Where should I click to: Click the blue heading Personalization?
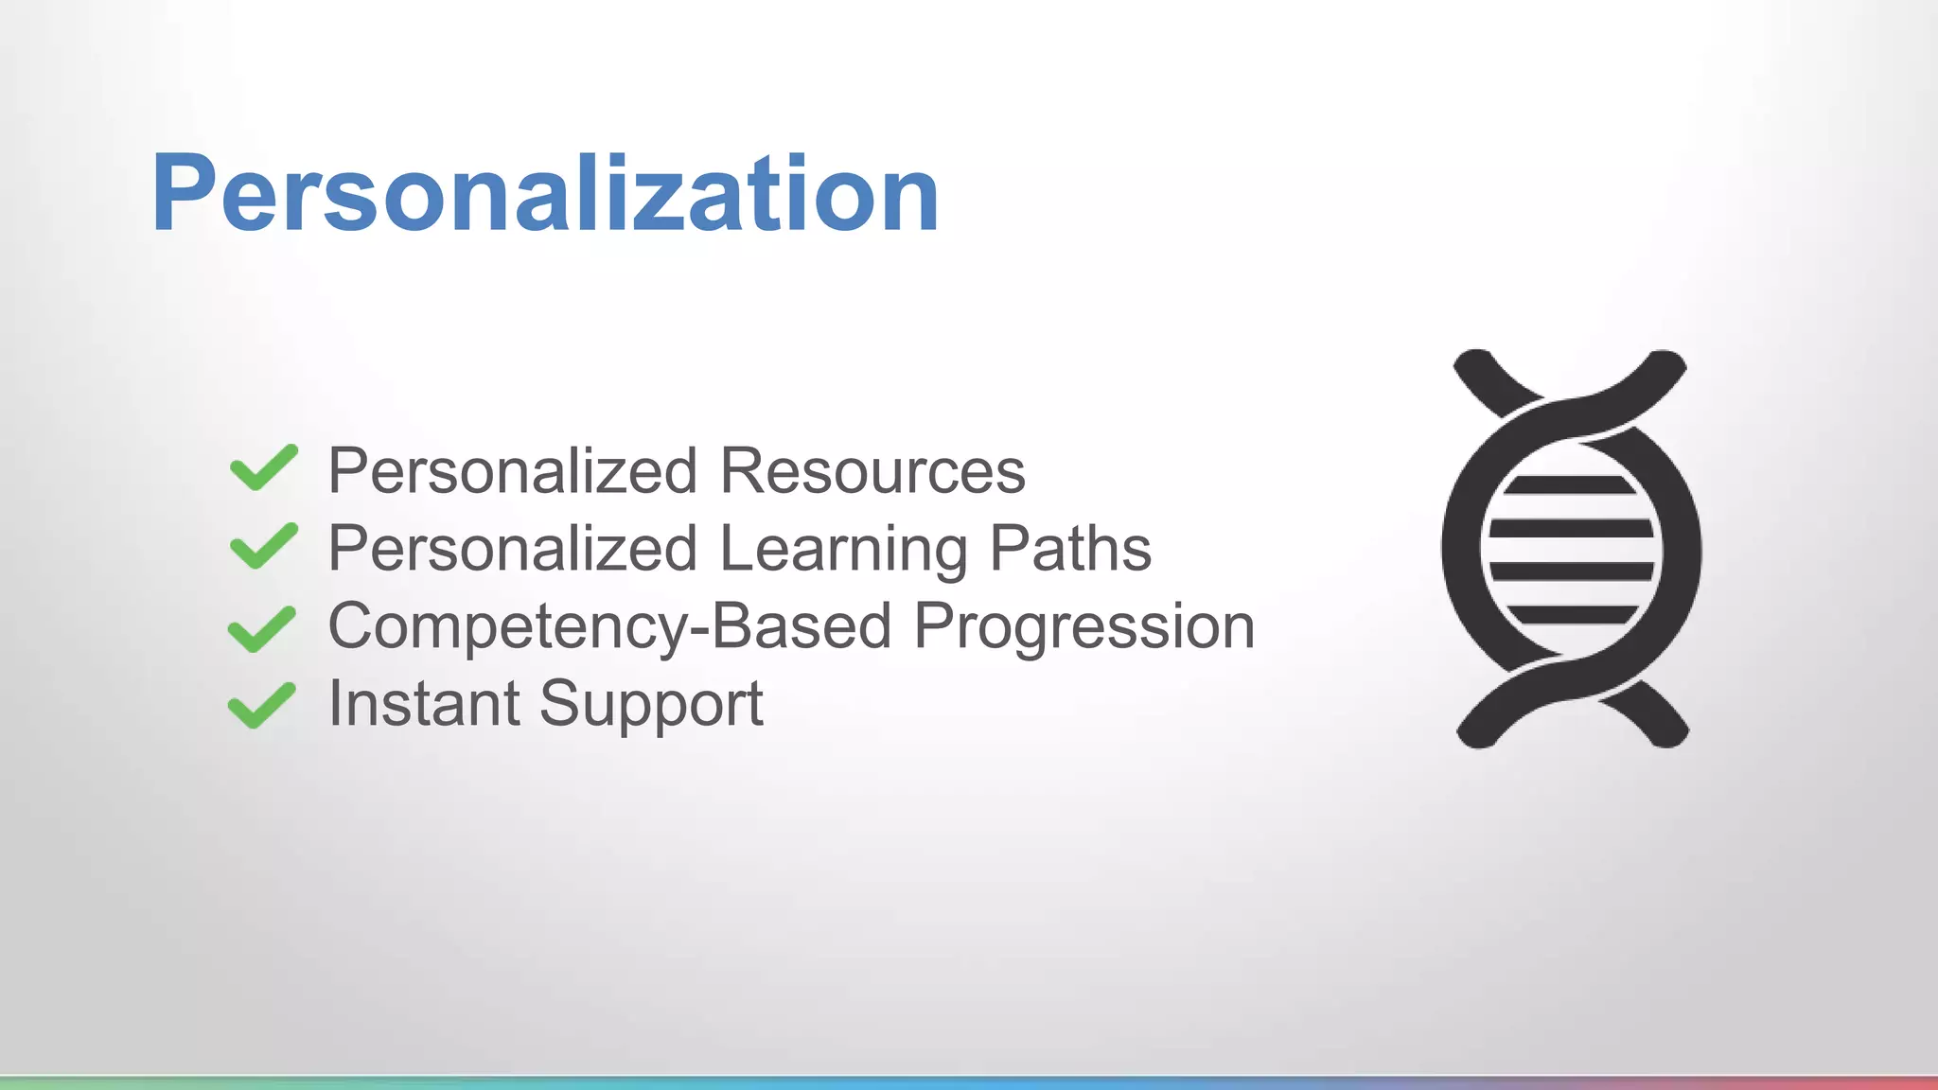click(x=545, y=194)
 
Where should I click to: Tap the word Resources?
click(x=872, y=470)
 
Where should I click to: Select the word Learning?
click(x=843, y=550)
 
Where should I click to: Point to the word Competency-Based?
click(x=609, y=627)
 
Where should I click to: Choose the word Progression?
click(x=1084, y=627)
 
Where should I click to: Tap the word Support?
click(x=651, y=705)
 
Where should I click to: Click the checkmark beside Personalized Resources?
click(x=264, y=467)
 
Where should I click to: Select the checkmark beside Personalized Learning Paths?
click(x=264, y=546)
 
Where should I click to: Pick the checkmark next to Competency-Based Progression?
click(x=262, y=628)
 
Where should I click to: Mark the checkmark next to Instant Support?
click(x=262, y=705)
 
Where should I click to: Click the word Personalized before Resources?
click(x=512, y=470)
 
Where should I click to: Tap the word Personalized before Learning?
click(x=512, y=550)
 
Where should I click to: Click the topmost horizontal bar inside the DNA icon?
click(x=1571, y=485)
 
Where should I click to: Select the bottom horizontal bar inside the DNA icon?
click(x=1571, y=615)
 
